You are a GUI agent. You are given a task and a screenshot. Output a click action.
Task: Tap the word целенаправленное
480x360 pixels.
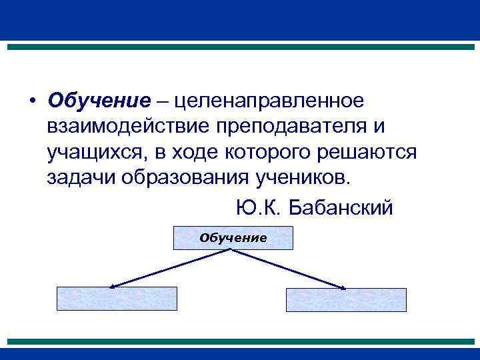[x=269, y=101]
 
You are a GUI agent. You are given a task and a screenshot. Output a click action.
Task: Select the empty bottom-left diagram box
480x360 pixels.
[x=117, y=299]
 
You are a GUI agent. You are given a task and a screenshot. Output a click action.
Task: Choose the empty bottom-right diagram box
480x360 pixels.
[x=346, y=299]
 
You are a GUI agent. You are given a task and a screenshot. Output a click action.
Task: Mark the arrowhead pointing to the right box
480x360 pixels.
[x=343, y=288]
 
